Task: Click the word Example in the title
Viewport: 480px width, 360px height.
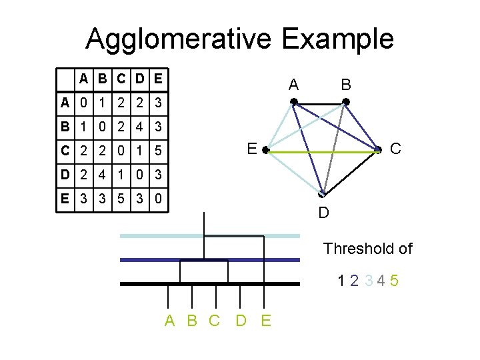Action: (x=338, y=39)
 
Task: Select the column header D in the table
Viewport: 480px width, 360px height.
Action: (x=139, y=79)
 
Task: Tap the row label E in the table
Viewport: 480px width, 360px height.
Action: (x=65, y=199)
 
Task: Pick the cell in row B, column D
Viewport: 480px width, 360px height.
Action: (x=139, y=127)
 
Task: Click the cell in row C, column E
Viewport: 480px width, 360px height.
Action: (x=157, y=151)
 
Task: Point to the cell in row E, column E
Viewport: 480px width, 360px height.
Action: (x=157, y=199)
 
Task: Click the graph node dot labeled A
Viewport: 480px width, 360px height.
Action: (x=293, y=102)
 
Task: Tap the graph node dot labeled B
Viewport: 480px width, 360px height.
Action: (x=345, y=102)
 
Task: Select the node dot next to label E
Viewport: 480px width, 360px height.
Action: (x=265, y=152)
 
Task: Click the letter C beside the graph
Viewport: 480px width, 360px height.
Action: (x=395, y=149)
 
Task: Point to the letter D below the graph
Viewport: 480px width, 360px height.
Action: (x=323, y=213)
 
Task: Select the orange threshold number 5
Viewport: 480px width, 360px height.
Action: (x=395, y=281)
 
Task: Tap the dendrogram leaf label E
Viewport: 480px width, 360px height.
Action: (x=266, y=321)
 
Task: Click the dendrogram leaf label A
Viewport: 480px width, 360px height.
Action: (x=170, y=321)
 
